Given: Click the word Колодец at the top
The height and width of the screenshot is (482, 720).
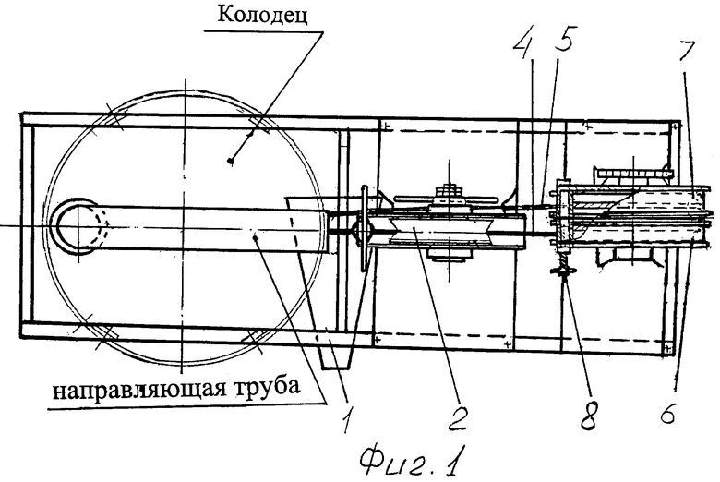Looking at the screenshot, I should coord(262,16).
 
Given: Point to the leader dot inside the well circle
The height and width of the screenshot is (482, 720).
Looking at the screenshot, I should coord(230,161).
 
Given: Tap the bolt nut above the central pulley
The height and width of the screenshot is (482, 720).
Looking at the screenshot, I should coord(450,191).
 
